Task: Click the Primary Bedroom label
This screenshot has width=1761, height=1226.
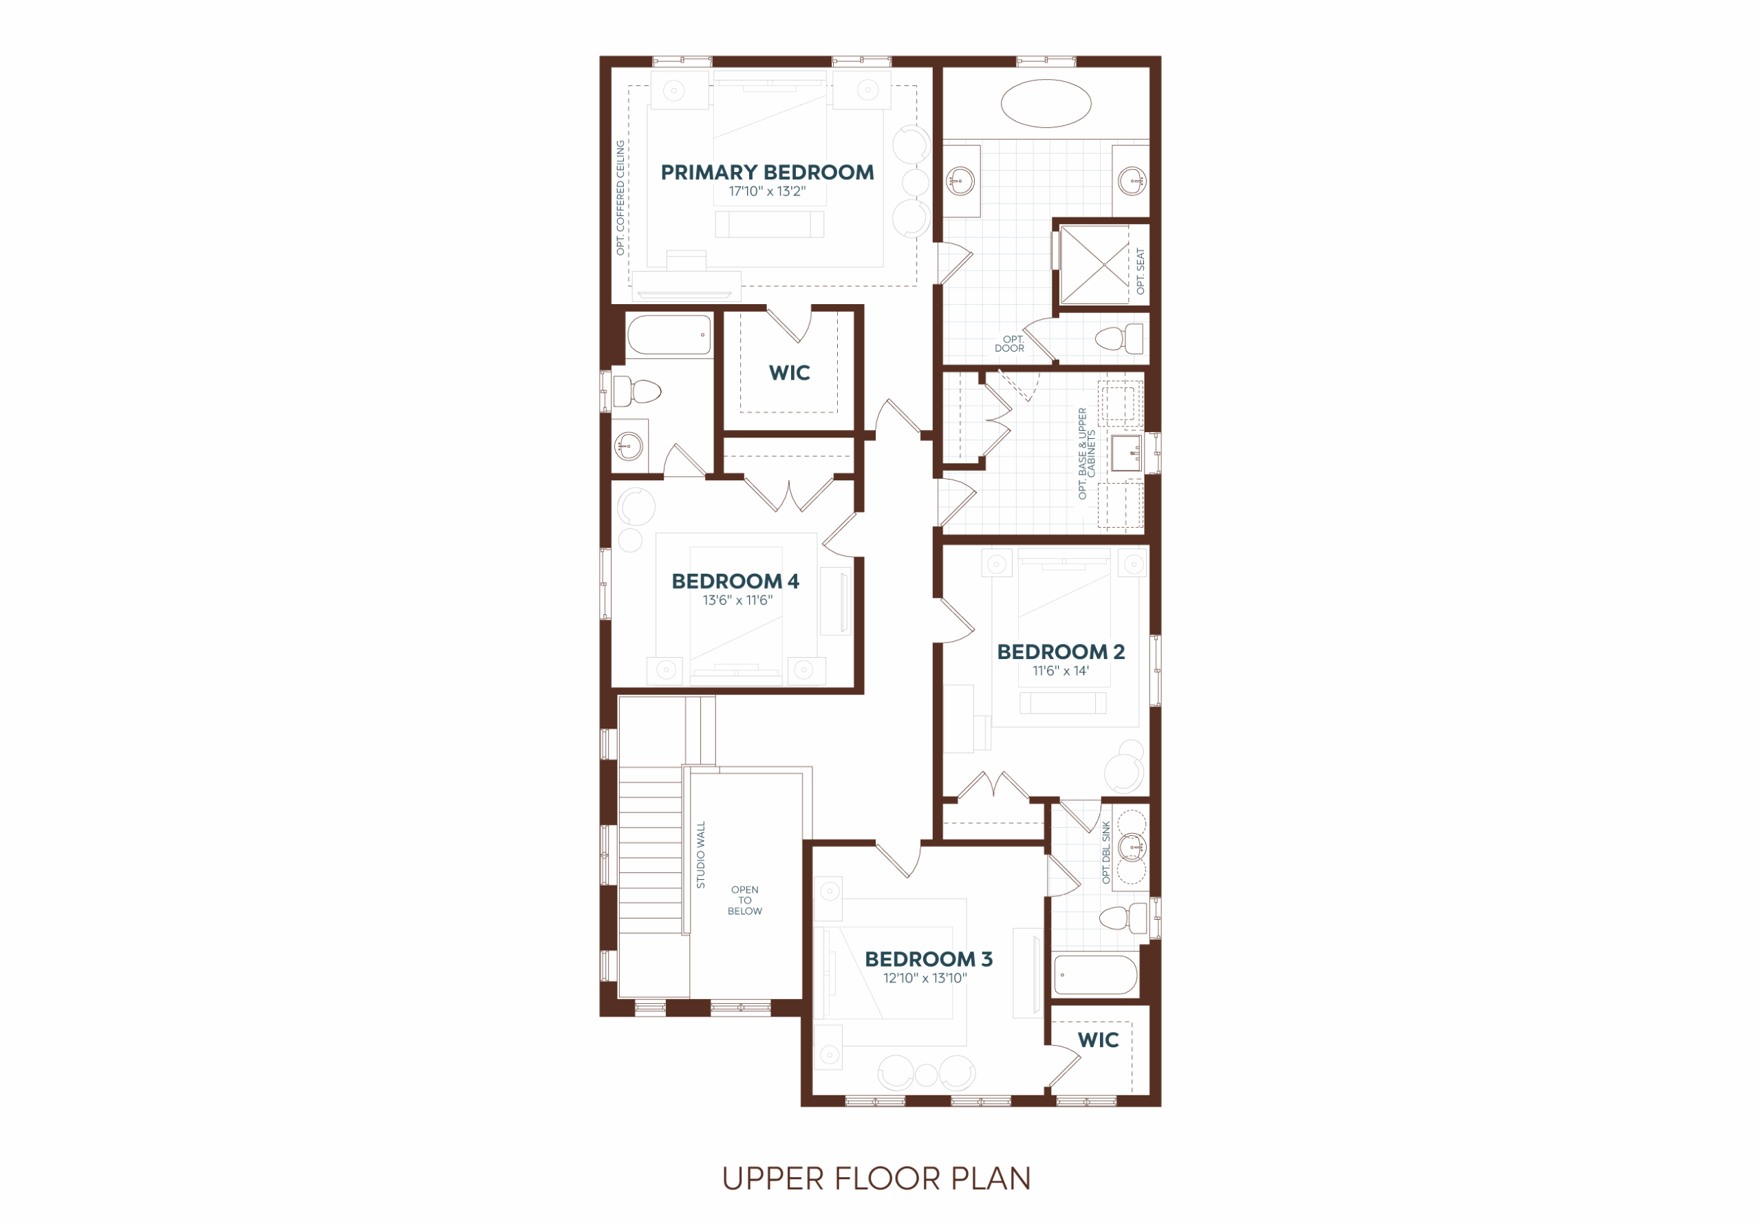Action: pyautogui.click(x=767, y=172)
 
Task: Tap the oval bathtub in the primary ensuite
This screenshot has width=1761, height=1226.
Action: pyautogui.click(x=1046, y=103)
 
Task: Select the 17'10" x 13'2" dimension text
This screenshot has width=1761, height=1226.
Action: pyautogui.click(x=767, y=191)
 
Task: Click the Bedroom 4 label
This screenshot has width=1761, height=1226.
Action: pyautogui.click(x=735, y=581)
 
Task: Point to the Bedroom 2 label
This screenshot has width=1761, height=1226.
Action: pyautogui.click(x=1061, y=652)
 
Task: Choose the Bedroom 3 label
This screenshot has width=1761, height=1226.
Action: pyautogui.click(x=928, y=959)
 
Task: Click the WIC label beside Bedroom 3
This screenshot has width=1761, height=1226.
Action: pyautogui.click(x=1099, y=1040)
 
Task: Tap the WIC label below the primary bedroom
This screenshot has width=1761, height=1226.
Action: pyautogui.click(x=789, y=373)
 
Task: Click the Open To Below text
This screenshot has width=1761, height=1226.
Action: pyautogui.click(x=745, y=901)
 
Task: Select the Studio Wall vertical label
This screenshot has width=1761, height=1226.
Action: pyautogui.click(x=700, y=854)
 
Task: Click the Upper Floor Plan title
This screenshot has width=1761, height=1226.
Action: pyautogui.click(x=876, y=1179)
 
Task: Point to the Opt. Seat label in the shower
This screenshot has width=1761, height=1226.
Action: pyautogui.click(x=1141, y=271)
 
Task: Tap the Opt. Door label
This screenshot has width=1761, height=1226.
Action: pyautogui.click(x=1010, y=344)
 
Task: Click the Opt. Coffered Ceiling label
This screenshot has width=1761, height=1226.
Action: pyautogui.click(x=620, y=198)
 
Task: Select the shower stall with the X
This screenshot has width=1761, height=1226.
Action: pyautogui.click(x=1094, y=264)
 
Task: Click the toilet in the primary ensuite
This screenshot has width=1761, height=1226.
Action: pyautogui.click(x=1119, y=338)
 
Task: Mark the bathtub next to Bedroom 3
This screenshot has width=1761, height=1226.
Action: pyautogui.click(x=1096, y=975)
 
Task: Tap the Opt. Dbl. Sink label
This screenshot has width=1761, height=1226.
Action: pyautogui.click(x=1106, y=852)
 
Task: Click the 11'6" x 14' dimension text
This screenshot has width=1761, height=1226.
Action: pyautogui.click(x=1061, y=671)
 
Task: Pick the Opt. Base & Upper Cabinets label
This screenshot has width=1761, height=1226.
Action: pyautogui.click(x=1087, y=453)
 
